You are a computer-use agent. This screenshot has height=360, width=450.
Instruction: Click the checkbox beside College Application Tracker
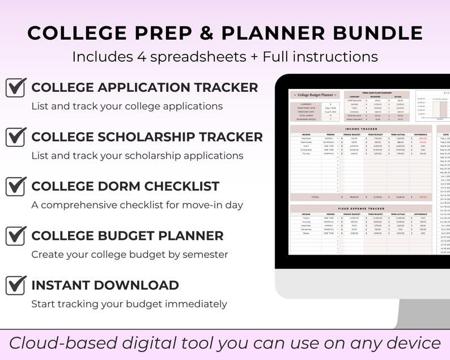coord(16,88)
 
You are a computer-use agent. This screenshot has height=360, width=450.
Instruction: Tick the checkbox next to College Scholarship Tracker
coord(16,137)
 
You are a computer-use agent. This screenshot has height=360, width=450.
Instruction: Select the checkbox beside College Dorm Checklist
coord(16,187)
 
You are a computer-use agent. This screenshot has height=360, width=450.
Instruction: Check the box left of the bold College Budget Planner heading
coord(16,236)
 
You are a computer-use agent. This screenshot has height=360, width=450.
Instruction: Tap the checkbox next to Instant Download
coord(16,285)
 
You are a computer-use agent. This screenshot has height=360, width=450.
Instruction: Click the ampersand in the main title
coord(207,33)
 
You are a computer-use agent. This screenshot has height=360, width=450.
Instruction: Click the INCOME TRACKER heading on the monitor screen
coord(361,129)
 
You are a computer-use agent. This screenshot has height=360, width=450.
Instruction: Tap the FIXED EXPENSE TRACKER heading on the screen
coord(361,209)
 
